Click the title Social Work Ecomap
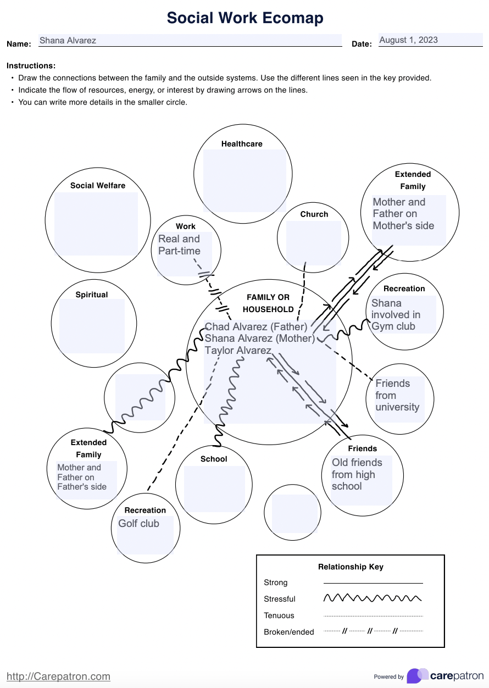(x=245, y=18)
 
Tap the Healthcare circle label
(x=242, y=144)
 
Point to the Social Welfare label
(x=98, y=186)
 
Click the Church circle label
(x=314, y=214)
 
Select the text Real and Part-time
(x=179, y=245)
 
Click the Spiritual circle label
(x=92, y=295)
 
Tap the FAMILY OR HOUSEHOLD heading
(x=268, y=303)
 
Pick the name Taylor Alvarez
(x=238, y=351)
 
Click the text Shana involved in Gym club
(x=396, y=315)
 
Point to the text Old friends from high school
(x=357, y=474)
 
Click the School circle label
(x=214, y=459)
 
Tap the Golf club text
(x=138, y=524)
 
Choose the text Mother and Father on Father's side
(x=82, y=477)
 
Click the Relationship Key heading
(x=351, y=567)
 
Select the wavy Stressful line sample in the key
(x=373, y=598)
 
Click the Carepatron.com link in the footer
(x=58, y=676)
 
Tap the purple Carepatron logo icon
(x=417, y=676)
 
